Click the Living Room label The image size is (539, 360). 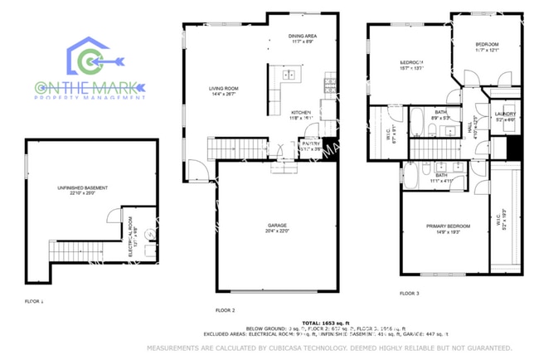223,89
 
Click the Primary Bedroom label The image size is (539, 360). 448,228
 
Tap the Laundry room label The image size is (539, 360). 505,116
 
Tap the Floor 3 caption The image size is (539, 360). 410,294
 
